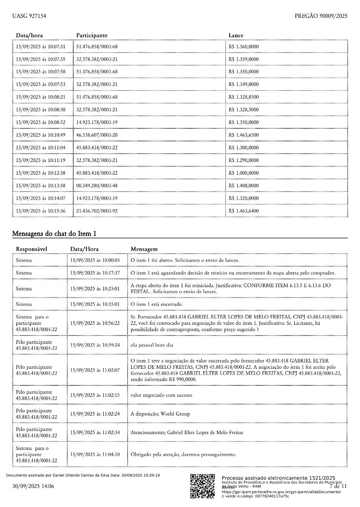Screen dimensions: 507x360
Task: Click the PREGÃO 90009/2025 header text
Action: coord(321,16)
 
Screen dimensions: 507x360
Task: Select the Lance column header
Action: coord(236,36)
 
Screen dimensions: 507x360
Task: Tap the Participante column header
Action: coord(91,36)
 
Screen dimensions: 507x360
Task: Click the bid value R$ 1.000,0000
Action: coord(244,173)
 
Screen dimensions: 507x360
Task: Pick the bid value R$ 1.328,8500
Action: coord(244,97)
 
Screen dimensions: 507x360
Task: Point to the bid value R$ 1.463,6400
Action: coord(244,211)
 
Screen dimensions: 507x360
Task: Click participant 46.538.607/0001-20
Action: coord(97,135)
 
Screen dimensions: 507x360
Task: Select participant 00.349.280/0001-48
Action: coord(97,185)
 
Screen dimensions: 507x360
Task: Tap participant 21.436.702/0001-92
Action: coord(97,211)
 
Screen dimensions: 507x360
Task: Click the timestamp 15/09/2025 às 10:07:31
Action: coord(40,47)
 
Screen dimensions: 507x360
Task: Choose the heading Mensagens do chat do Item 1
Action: coord(54,234)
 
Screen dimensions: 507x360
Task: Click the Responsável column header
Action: coord(31,249)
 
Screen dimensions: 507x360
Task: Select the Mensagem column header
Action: coord(144,249)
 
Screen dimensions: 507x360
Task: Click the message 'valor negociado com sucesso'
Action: coord(161,395)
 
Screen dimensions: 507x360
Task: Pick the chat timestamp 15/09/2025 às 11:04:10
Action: coord(95,454)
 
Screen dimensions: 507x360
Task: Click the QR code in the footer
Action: coord(202,486)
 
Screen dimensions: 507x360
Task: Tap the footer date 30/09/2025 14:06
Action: coord(33,486)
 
